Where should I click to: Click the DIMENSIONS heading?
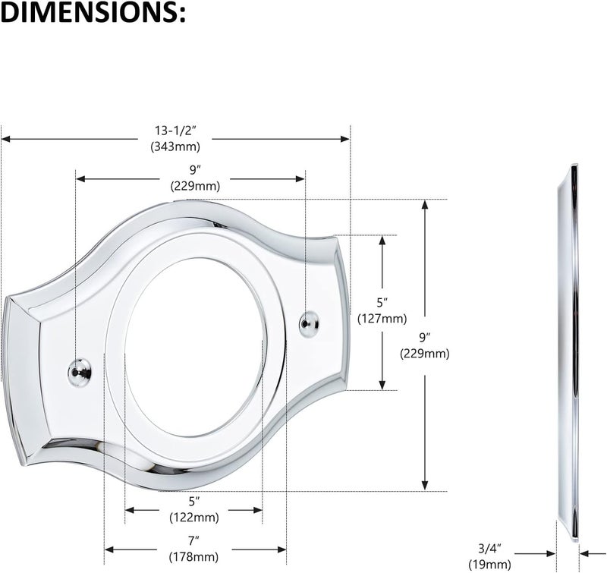(x=93, y=13)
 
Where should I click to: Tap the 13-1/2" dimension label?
(x=175, y=131)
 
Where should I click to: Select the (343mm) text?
(x=175, y=146)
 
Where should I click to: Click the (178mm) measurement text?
(x=194, y=557)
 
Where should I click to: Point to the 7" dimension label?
(x=194, y=541)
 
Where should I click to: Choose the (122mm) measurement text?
(x=194, y=518)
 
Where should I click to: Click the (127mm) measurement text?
(x=382, y=319)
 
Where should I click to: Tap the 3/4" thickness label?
(x=489, y=548)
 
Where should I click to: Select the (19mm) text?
(x=489, y=565)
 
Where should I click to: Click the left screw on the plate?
(x=80, y=372)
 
